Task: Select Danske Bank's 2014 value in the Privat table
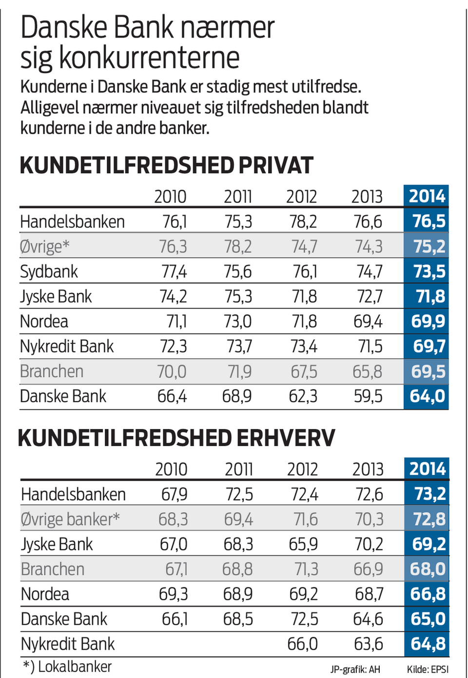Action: (427, 396)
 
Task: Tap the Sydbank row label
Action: (49, 272)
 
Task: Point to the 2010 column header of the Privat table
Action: (170, 197)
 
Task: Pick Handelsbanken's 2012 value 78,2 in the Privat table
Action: (303, 222)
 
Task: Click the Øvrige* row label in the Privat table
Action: (45, 247)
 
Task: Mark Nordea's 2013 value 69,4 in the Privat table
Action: (368, 322)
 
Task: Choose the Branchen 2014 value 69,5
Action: (428, 371)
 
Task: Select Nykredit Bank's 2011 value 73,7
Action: (239, 347)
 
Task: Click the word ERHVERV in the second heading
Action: (286, 438)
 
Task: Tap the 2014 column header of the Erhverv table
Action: (427, 469)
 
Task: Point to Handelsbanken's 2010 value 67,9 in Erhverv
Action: (174, 494)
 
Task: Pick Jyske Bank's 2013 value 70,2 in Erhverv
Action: (369, 544)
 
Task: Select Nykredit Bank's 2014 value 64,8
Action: (428, 644)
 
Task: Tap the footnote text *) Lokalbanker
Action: (67, 667)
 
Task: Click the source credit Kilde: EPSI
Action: (428, 669)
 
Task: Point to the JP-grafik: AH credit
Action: (355, 669)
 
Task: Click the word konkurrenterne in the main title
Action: (149, 58)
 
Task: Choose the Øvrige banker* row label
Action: (70, 519)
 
